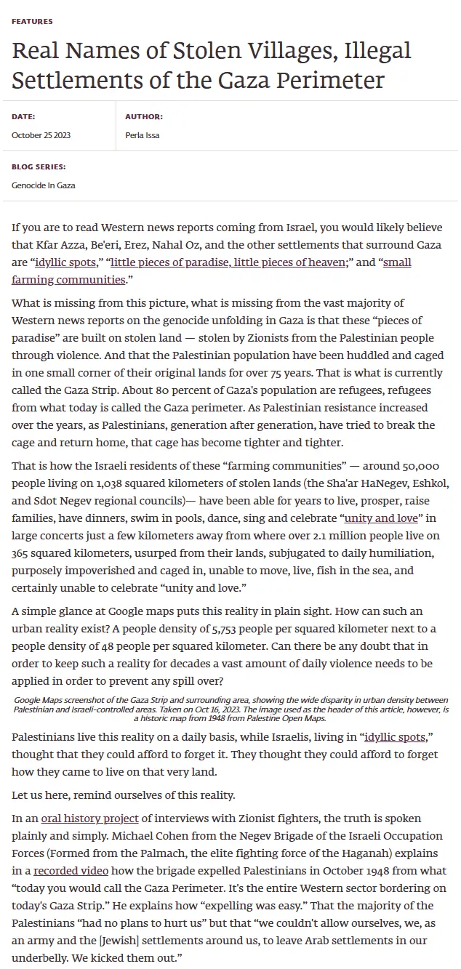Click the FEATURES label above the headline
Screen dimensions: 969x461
(x=32, y=22)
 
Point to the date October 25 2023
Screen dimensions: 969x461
(x=41, y=135)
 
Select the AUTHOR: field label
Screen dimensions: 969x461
(x=144, y=116)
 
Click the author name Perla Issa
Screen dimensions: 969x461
(x=143, y=135)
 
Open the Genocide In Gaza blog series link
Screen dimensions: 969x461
(x=44, y=185)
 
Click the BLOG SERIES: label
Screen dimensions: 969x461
(x=39, y=166)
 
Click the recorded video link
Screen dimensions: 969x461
(x=71, y=871)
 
